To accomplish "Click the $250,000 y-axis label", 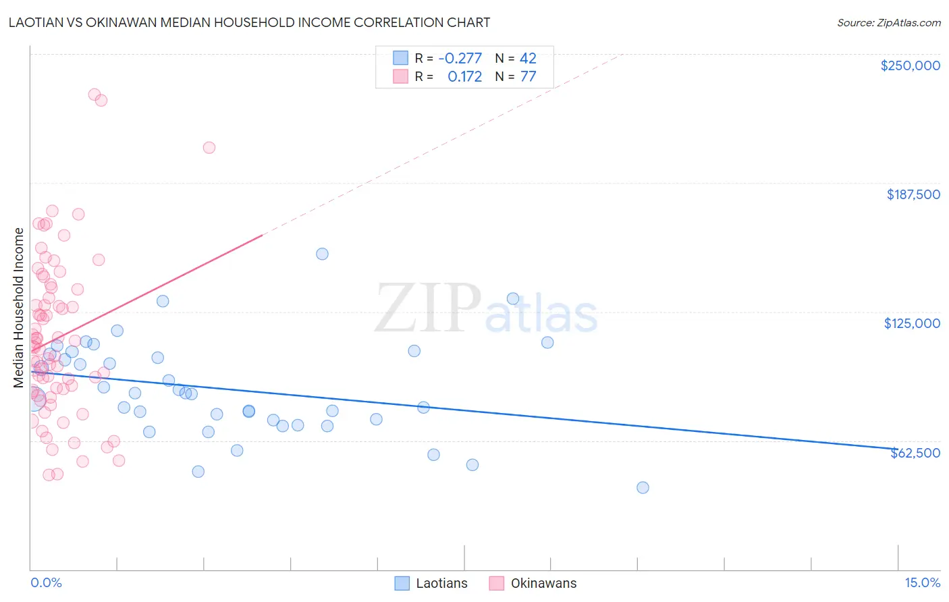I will (x=910, y=65).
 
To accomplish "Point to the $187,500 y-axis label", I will (x=913, y=194).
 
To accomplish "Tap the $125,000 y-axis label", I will (x=912, y=323).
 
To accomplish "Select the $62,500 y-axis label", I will (x=915, y=453).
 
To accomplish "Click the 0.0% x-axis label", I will (x=46, y=582).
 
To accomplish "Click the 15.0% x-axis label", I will (x=922, y=582).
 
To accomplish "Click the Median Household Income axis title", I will (x=18, y=308).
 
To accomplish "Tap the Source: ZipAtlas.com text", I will (x=888, y=22).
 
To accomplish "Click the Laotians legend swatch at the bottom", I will (x=402, y=583).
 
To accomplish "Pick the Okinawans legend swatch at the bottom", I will (x=497, y=583).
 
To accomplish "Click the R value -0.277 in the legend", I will (x=460, y=58).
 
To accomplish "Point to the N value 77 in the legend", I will (x=528, y=76).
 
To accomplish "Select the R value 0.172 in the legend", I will (x=464, y=76).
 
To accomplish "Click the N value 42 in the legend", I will (x=528, y=58).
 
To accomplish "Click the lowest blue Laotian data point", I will (x=643, y=487).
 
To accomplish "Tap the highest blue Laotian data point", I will (x=322, y=254).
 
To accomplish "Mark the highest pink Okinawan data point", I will (x=94, y=94).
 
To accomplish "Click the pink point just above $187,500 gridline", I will (x=209, y=148).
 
